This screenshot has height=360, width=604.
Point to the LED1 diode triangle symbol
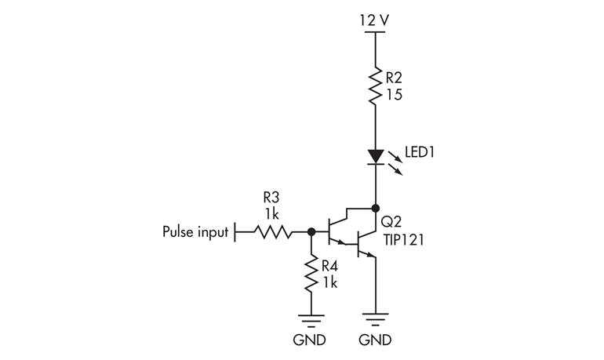pos(376,157)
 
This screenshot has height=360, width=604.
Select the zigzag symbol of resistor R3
pos(271,232)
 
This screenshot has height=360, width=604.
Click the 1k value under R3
pos(271,213)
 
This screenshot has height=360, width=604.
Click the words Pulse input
pos(196,232)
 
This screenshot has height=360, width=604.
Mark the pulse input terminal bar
pos(235,232)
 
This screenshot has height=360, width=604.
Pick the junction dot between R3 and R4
pos(312,232)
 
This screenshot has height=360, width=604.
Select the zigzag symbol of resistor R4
pos(312,274)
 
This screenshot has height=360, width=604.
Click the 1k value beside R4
pos(329,282)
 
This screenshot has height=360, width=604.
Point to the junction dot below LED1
pos(376,208)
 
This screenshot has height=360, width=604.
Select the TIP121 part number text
pos(405,239)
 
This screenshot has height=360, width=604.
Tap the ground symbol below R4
pos(312,320)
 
